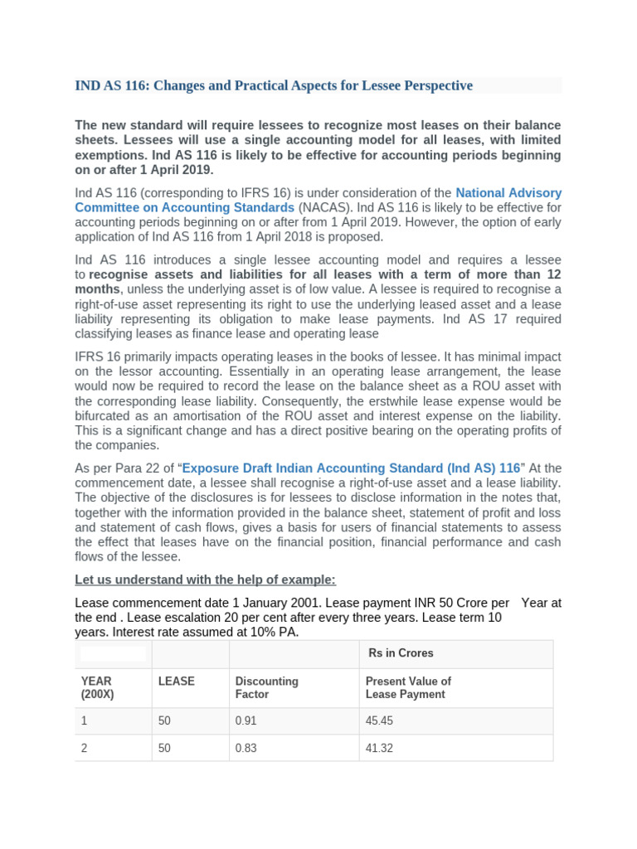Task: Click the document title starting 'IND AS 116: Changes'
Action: (274, 85)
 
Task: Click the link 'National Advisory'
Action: (508, 192)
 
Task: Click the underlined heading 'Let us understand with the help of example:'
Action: (205, 579)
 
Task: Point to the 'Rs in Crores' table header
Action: (401, 653)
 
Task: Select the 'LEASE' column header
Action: (176, 681)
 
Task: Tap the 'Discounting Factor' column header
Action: (266, 687)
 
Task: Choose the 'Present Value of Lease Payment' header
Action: (408, 687)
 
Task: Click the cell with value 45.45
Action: (379, 720)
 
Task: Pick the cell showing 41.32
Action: (379, 748)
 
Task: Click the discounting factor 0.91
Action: (246, 720)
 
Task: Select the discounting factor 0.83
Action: (246, 748)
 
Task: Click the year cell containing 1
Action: (84, 720)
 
